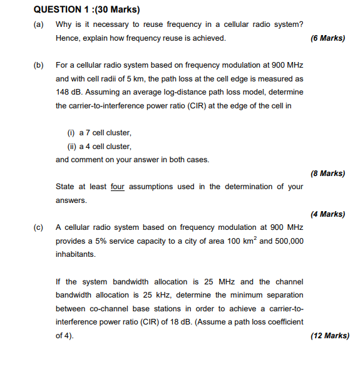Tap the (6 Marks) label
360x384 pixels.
coord(327,38)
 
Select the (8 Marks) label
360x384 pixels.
coord(327,174)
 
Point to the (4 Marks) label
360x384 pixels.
coord(327,214)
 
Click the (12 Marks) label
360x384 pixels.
coord(330,336)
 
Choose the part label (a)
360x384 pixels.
coord(39,24)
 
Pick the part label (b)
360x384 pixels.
coord(39,65)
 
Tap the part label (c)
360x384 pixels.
coord(39,227)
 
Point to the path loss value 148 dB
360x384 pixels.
coord(68,92)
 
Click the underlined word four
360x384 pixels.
coord(118,187)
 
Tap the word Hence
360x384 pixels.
coord(68,38)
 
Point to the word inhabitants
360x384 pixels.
coord(76,254)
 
